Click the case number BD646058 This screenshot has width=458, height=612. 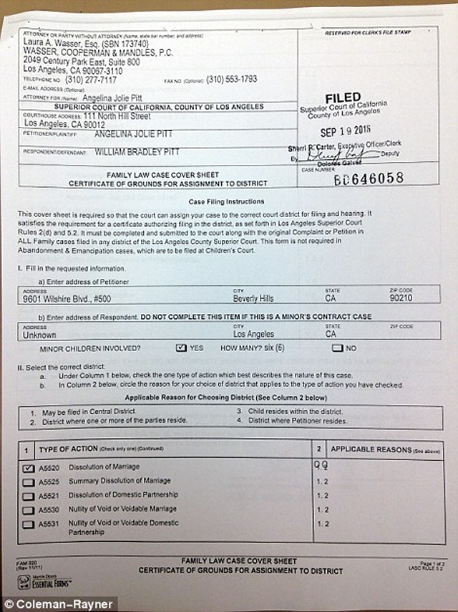click(368, 178)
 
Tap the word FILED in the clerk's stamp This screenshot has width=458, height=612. click(343, 97)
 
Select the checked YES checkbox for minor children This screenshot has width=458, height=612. click(181, 348)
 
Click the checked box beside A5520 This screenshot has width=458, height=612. click(29, 467)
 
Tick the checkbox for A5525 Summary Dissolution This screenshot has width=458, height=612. click(29, 482)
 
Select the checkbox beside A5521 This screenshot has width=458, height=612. click(29, 496)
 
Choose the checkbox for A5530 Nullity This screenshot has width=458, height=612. click(29, 510)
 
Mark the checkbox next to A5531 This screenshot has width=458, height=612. click(29, 525)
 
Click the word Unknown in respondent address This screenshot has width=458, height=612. click(38, 333)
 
